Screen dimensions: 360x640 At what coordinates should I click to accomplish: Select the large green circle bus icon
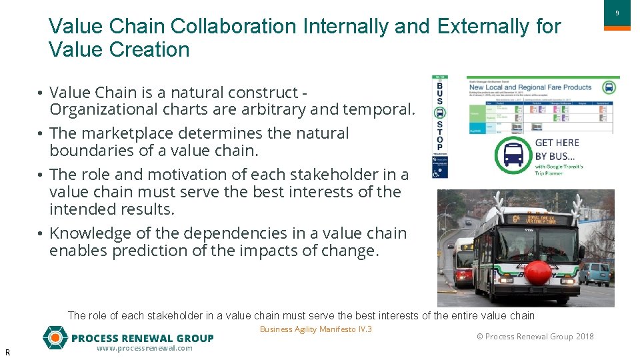pyautogui.click(x=513, y=155)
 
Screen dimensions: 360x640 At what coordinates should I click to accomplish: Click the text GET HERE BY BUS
pyautogui.click(x=557, y=149)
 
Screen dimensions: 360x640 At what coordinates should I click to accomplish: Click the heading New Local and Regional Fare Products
pyautogui.click(x=530, y=87)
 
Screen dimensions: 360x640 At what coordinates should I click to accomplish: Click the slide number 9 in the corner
pyautogui.click(x=617, y=13)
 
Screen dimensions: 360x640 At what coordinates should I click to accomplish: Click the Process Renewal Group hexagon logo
pyautogui.click(x=55, y=338)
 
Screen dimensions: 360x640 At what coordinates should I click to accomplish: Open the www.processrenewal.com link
pyautogui.click(x=144, y=349)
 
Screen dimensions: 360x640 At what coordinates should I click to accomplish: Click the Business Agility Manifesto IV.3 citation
pyautogui.click(x=315, y=329)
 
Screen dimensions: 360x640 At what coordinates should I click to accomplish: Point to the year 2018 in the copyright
pyautogui.click(x=585, y=337)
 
